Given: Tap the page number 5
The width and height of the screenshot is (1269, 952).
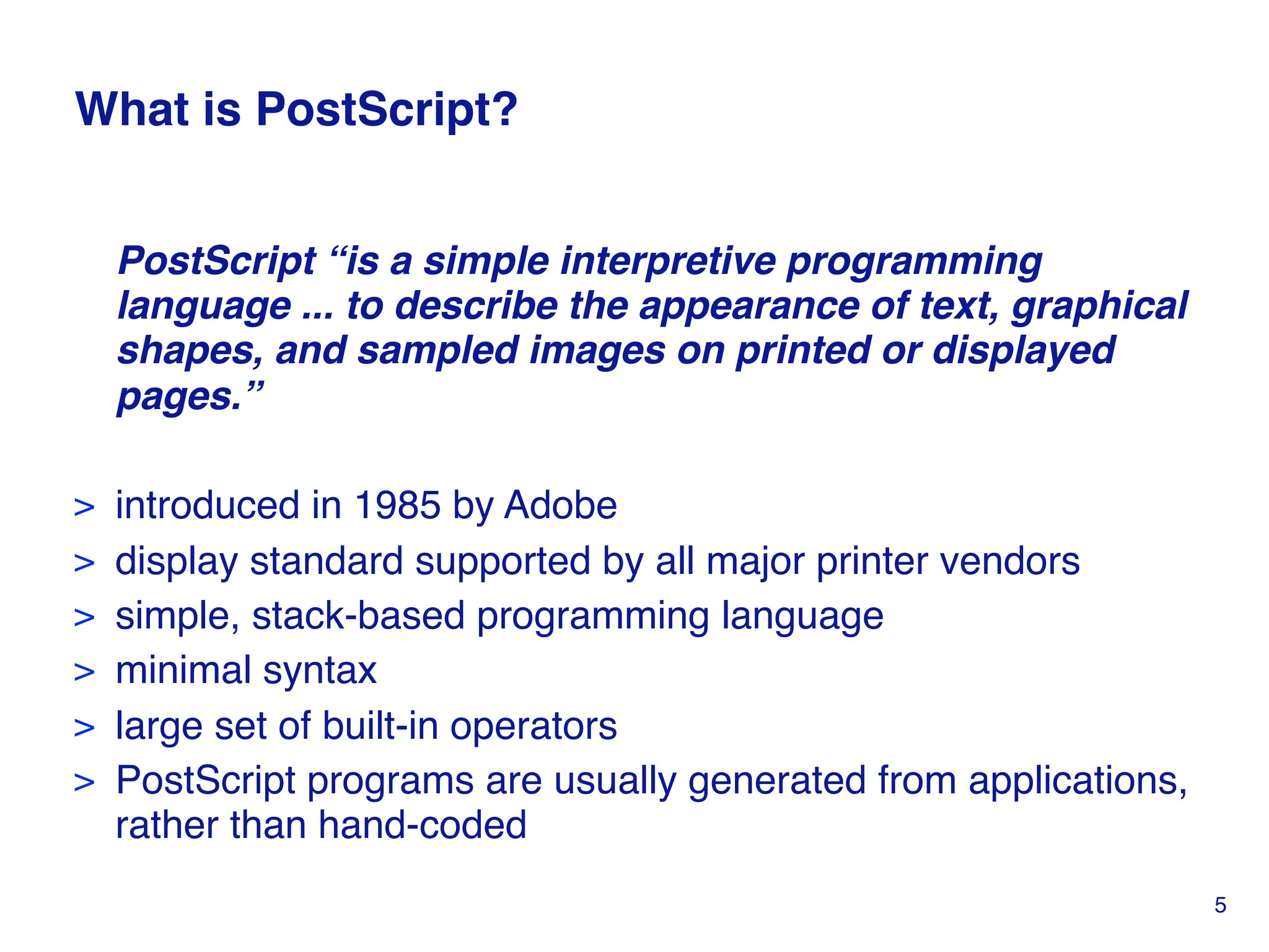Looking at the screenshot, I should click(1220, 906).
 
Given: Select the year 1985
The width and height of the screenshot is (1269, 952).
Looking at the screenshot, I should click(397, 505).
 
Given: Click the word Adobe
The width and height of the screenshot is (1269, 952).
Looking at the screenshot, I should click(560, 505).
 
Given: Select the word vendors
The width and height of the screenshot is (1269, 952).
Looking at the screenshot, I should click(1009, 561).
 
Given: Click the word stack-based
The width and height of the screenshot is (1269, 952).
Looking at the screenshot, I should click(358, 616).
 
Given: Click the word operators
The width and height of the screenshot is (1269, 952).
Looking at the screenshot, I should click(533, 726).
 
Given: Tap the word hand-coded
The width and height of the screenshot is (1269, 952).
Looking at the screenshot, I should click(422, 826).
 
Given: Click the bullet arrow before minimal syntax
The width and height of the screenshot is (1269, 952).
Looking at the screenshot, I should click(84, 672).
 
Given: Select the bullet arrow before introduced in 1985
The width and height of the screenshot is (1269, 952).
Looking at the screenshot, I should click(84, 507).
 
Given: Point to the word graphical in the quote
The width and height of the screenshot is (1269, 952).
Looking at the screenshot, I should click(1099, 306).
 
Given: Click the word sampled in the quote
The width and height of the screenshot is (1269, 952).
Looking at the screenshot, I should click(437, 351).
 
